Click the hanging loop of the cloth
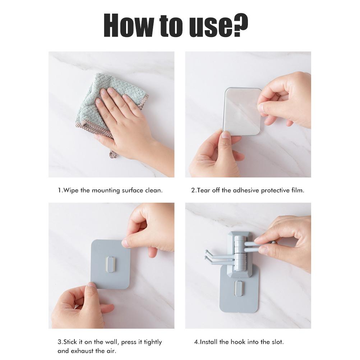113,154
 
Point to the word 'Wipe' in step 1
71,190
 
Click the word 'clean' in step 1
153,190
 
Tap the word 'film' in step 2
297,190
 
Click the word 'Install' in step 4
209,342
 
